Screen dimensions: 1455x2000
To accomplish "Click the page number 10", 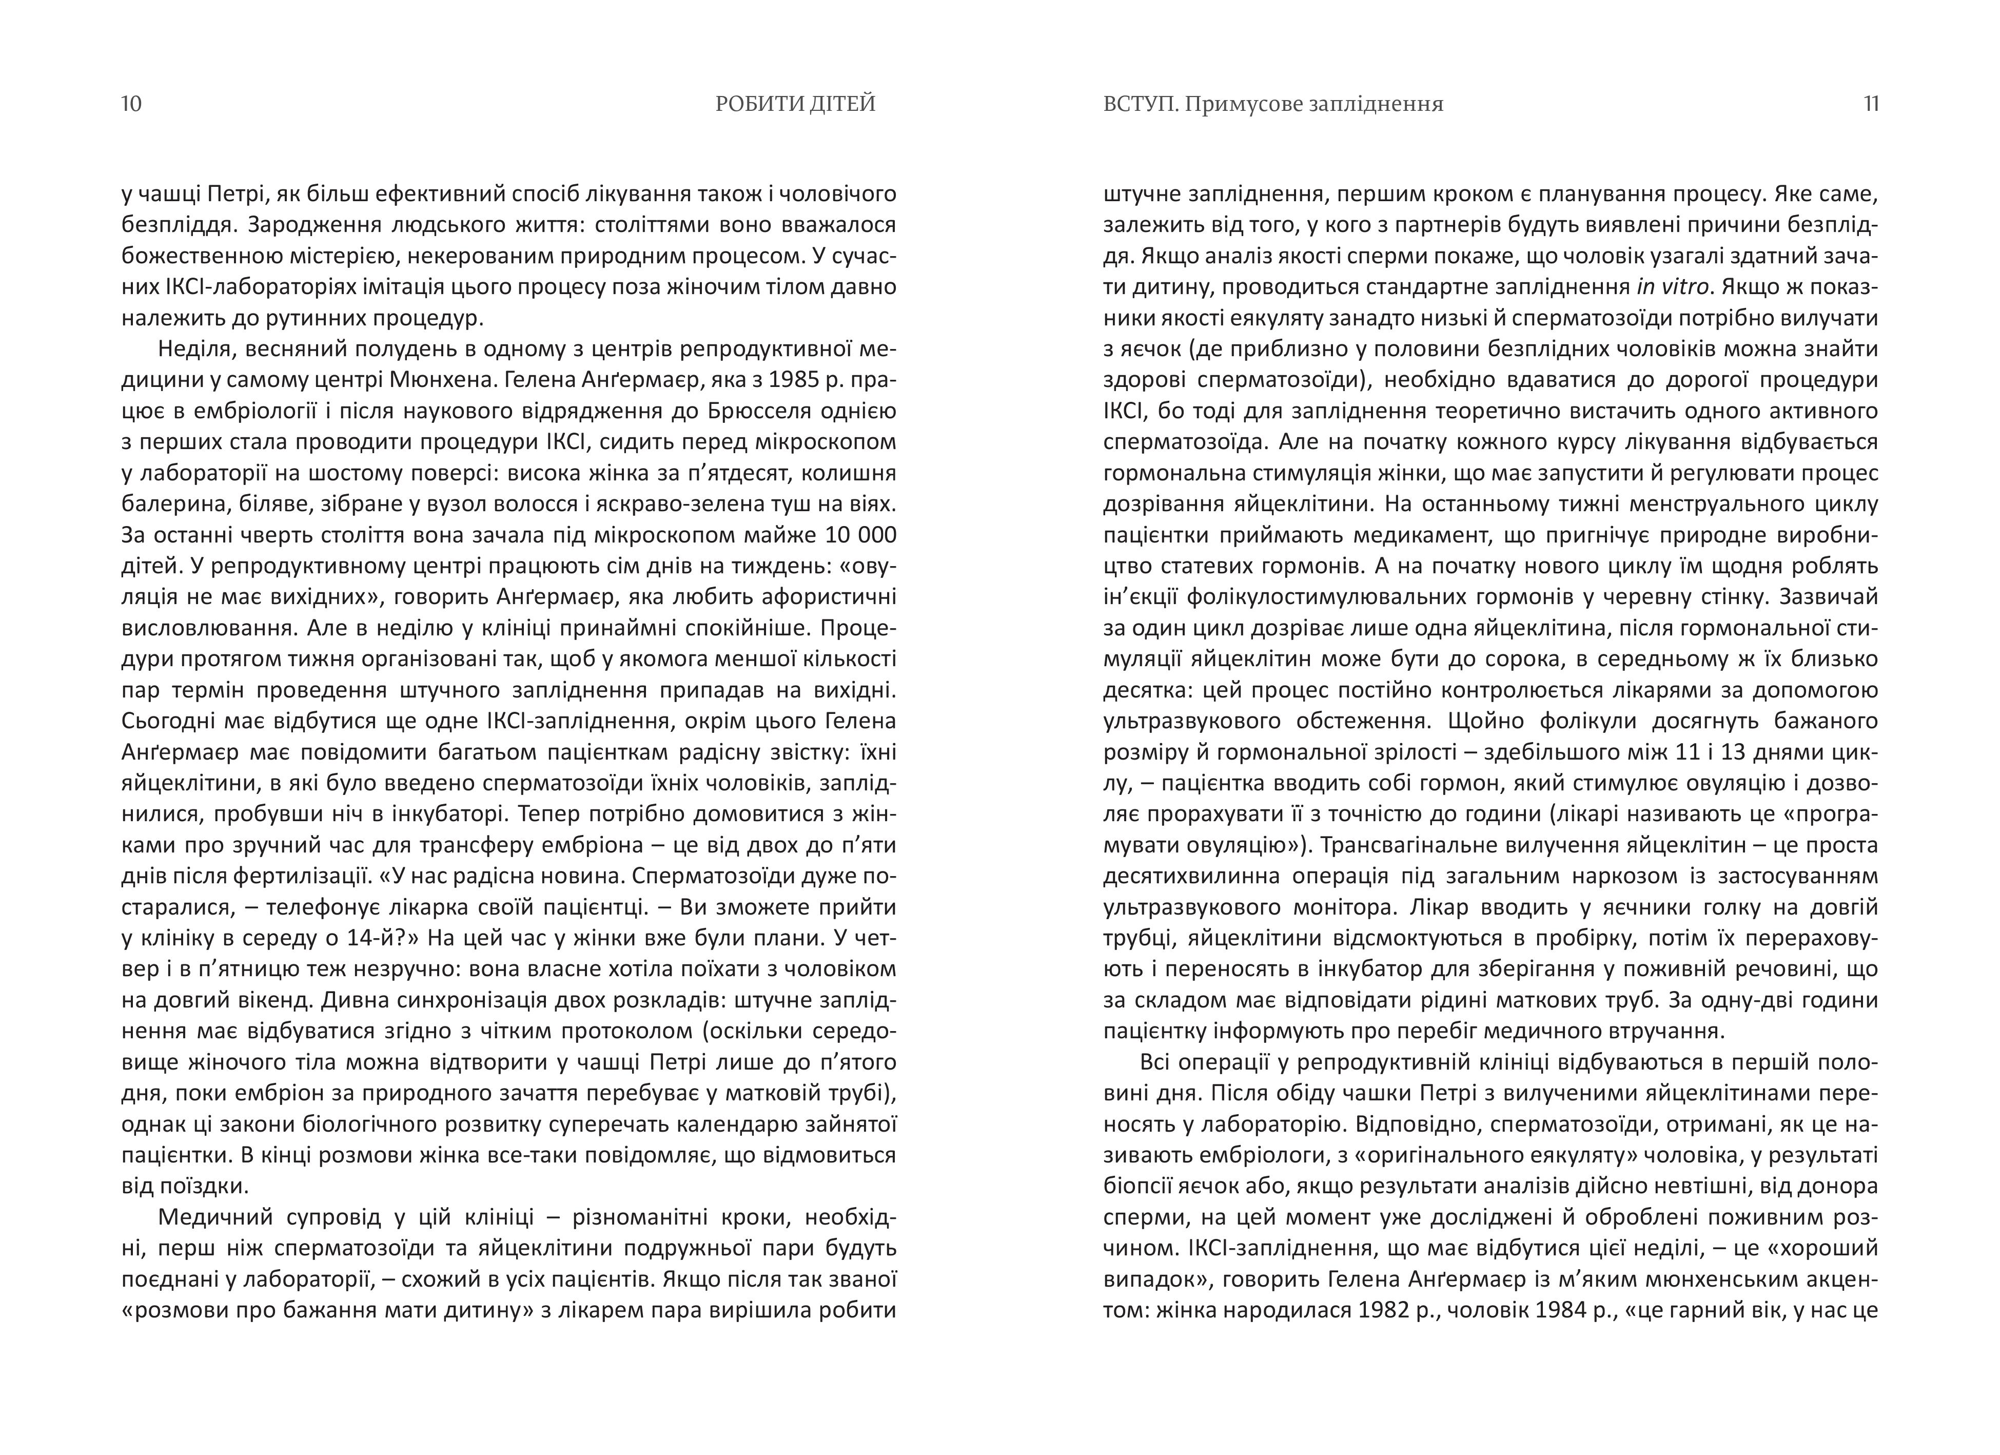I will coord(131,104).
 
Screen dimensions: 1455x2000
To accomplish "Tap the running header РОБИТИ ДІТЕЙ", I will coord(795,104).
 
